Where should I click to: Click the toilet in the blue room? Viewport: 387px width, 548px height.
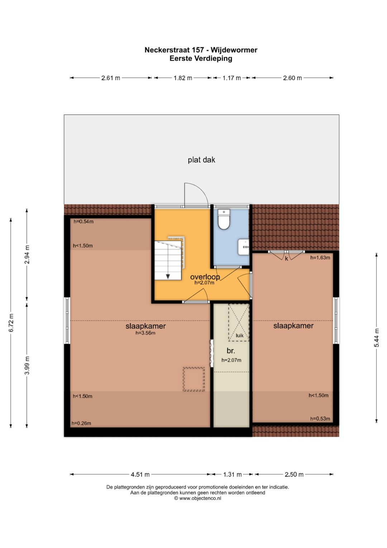pyautogui.click(x=224, y=219)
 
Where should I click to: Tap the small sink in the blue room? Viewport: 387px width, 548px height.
pyautogui.click(x=243, y=247)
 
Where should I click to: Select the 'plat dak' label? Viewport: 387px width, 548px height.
pyautogui.click(x=201, y=160)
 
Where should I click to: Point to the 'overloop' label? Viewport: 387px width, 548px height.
pyautogui.click(x=205, y=277)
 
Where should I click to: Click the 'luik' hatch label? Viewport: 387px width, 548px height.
pyautogui.click(x=239, y=336)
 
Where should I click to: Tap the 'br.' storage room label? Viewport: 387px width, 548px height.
pyautogui.click(x=231, y=351)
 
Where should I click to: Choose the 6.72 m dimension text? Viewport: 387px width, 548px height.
pyautogui.click(x=11, y=323)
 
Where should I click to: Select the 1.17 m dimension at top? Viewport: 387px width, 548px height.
pyautogui.click(x=231, y=78)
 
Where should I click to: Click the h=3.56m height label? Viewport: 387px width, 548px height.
pyautogui.click(x=145, y=333)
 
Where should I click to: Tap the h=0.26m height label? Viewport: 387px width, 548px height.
pyautogui.click(x=81, y=423)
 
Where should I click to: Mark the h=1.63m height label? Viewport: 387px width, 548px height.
pyautogui.click(x=320, y=258)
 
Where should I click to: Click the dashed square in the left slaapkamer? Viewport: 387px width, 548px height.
pyautogui.click(x=194, y=379)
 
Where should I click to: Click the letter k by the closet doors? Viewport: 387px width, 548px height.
pyautogui.click(x=286, y=259)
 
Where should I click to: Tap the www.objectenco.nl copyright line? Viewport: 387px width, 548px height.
pyautogui.click(x=197, y=498)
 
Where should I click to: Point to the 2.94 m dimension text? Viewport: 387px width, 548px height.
pyautogui.click(x=27, y=254)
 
